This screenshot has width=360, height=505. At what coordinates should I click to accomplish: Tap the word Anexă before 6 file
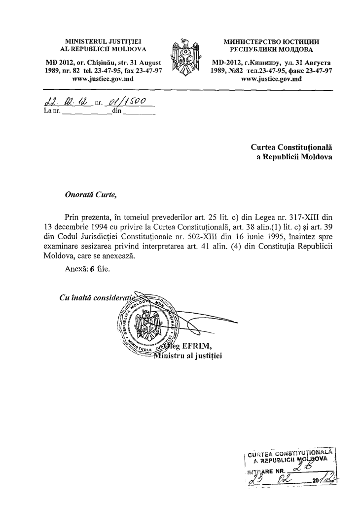click(x=75, y=270)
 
